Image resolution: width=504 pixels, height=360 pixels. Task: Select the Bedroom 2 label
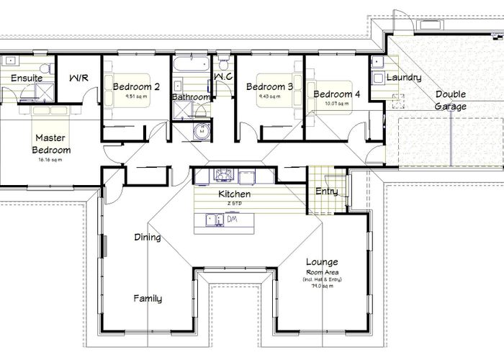pyautogui.click(x=136, y=86)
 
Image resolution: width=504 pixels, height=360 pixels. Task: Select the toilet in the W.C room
pyautogui.click(x=223, y=60)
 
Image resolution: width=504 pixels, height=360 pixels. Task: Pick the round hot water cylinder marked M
pyautogui.click(x=202, y=132)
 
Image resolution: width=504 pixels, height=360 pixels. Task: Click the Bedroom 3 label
pyautogui.click(x=269, y=87)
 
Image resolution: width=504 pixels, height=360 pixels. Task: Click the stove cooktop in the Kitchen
pyautogui.click(x=222, y=174)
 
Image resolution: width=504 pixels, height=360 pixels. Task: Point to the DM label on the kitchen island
pyautogui.click(x=232, y=221)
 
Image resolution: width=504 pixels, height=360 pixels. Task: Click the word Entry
pyautogui.click(x=327, y=192)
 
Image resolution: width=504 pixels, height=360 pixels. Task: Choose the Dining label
pyautogui.click(x=147, y=238)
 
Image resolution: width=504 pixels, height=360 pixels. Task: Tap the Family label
pyautogui.click(x=147, y=298)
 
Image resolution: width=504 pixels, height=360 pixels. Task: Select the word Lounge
pyautogui.click(x=321, y=262)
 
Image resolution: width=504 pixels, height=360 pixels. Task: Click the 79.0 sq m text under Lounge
pyautogui.click(x=323, y=286)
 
